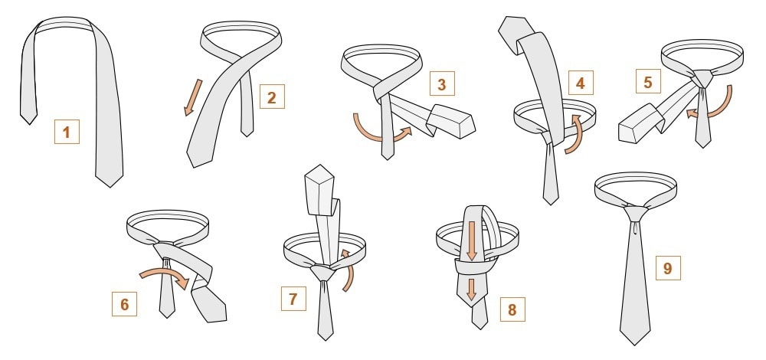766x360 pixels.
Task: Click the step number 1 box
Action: pyautogui.click(x=67, y=132)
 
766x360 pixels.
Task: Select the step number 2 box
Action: pyautogui.click(x=272, y=97)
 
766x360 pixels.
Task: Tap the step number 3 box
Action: pyautogui.click(x=442, y=83)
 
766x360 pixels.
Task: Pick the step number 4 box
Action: pyautogui.click(x=581, y=83)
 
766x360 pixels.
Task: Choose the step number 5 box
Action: pyautogui.click(x=648, y=81)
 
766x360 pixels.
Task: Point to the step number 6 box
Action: pyautogui.click(x=124, y=304)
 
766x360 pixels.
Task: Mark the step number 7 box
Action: pyautogui.click(x=293, y=299)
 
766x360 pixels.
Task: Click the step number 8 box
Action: pyautogui.click(x=512, y=309)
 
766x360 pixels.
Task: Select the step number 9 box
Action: pyautogui.click(x=668, y=267)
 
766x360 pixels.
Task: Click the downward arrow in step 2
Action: pyautogui.click(x=193, y=98)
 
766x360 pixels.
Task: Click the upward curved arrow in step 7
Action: pyautogui.click(x=349, y=271)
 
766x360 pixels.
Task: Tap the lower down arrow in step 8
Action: pyautogui.click(x=471, y=290)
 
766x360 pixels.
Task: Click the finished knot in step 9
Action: pyautogui.click(x=636, y=214)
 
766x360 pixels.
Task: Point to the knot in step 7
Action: pyautogui.click(x=323, y=272)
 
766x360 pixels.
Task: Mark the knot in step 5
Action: pyautogui.click(x=702, y=78)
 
